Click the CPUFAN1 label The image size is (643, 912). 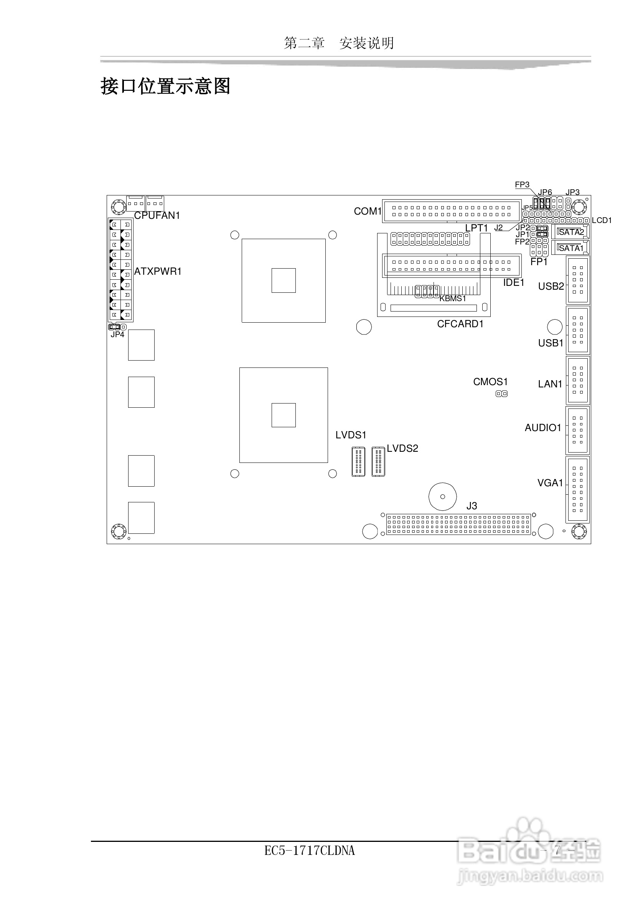(157, 216)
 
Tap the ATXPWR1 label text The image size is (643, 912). (158, 272)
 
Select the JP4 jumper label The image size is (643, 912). (117, 335)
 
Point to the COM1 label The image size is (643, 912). (368, 212)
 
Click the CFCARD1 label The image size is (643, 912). (460, 324)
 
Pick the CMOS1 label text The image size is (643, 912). (490, 382)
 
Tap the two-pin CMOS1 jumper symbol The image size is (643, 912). (501, 394)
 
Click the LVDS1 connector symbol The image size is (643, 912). (358, 462)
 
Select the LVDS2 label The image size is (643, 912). (402, 449)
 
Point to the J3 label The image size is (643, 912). (472, 506)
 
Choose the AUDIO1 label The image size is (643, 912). (543, 428)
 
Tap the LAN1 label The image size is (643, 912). (550, 384)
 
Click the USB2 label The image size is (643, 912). (551, 286)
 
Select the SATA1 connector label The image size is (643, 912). (571, 249)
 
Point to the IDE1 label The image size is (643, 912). (514, 283)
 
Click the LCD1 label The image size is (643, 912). (602, 220)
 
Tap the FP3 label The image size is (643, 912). (522, 185)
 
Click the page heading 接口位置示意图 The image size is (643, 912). (165, 86)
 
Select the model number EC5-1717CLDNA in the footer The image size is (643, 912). (309, 851)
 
